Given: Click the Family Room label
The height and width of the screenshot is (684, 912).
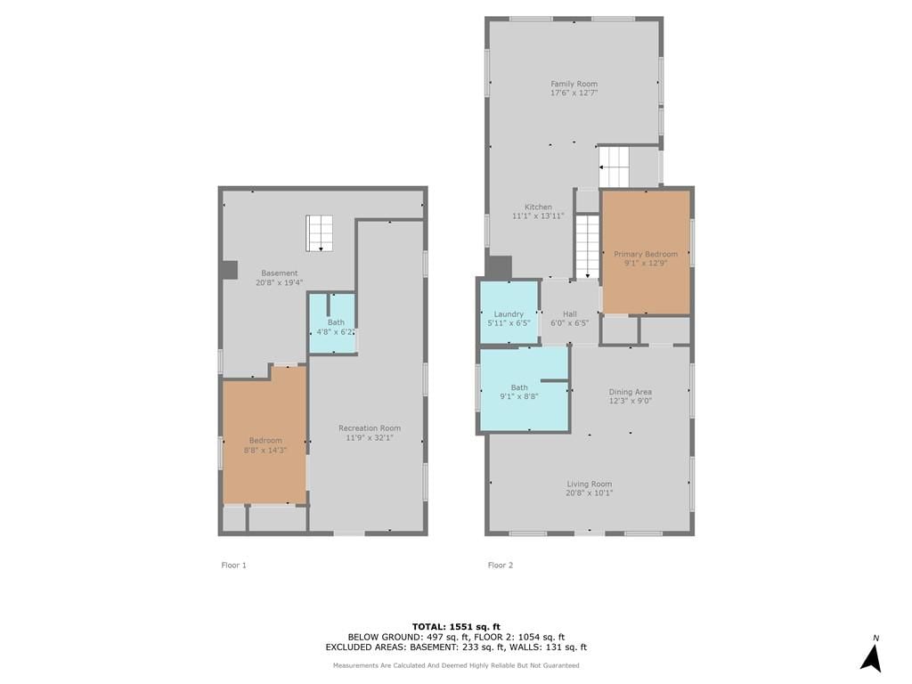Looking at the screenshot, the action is [x=574, y=84].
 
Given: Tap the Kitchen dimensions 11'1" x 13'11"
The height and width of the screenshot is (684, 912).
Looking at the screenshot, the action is [x=538, y=216].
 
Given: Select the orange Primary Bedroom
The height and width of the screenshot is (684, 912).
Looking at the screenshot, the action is [x=646, y=252].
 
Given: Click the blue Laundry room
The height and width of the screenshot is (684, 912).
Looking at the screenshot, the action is [x=509, y=313].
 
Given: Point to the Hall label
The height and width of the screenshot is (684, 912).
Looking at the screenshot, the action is [x=569, y=314].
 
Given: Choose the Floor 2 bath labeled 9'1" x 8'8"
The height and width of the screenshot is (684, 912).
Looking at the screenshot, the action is [x=524, y=389].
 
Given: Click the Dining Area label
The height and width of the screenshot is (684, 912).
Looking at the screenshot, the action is [x=630, y=392].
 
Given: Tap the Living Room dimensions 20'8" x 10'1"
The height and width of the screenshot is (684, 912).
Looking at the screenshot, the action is [x=590, y=493].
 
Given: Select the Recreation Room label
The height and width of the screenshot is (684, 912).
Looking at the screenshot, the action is [x=370, y=428].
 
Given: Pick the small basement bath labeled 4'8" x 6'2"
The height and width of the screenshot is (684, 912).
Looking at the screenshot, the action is [x=332, y=322].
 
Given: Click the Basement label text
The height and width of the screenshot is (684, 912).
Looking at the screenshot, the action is [x=279, y=273].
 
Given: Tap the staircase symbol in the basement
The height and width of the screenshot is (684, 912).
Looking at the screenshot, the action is [x=320, y=233].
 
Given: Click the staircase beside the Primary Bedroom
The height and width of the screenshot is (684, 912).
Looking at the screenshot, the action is [x=588, y=246].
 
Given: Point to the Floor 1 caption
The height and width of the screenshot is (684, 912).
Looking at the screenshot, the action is [x=234, y=565].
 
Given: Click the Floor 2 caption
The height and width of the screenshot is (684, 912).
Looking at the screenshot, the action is [x=501, y=565].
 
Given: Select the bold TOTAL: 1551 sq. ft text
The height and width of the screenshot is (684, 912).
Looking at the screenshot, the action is [x=456, y=626].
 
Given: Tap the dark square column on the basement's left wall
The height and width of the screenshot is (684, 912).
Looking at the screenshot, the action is [x=231, y=270].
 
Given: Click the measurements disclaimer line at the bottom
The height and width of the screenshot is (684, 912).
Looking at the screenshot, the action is [x=456, y=665].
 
